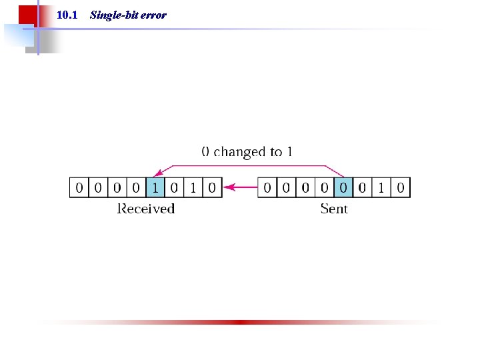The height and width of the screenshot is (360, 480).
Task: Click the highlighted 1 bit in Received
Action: [x=155, y=187]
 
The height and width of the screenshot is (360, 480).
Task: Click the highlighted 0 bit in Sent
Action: [x=343, y=187]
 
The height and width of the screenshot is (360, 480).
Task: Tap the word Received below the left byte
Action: [x=146, y=209]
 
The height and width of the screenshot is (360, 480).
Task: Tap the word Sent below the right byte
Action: [x=334, y=209]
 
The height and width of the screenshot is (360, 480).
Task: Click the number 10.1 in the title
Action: [x=67, y=15]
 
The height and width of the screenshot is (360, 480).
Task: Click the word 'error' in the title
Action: [x=153, y=15]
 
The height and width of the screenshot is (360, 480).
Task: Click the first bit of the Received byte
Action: [x=79, y=187]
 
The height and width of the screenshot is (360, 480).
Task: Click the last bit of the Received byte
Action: [x=212, y=187]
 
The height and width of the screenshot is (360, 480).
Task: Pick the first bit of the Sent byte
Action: [x=267, y=187]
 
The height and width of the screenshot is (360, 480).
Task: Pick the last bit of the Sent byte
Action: [x=400, y=187]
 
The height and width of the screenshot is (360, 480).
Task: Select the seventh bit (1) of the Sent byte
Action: [x=381, y=187]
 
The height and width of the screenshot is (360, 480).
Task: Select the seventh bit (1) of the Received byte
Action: [x=193, y=187]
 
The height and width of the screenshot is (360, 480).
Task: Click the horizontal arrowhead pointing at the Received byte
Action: [x=228, y=187]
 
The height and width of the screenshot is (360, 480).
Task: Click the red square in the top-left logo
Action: [x=27, y=15]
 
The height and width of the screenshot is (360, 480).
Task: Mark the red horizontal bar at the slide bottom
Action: [x=240, y=322]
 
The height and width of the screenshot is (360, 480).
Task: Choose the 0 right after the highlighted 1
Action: [x=174, y=187]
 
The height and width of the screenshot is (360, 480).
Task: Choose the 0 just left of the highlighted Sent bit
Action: [x=324, y=187]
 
